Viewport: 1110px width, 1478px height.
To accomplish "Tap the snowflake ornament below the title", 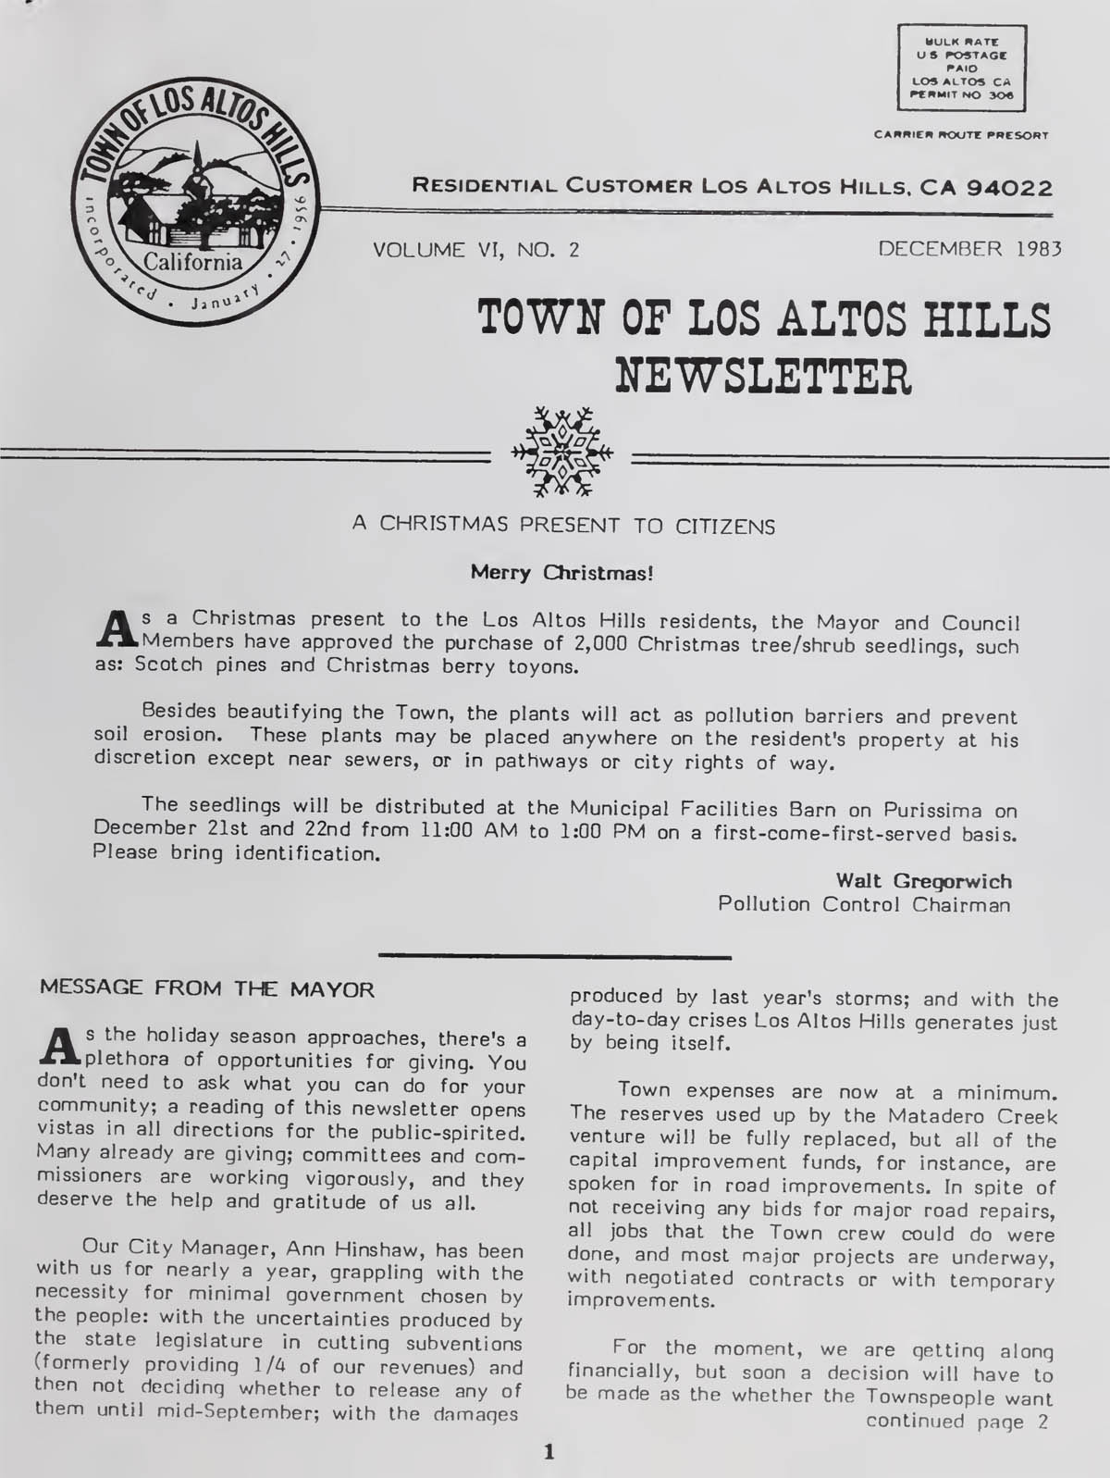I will (x=561, y=451).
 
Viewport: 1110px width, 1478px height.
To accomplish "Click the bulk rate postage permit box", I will (x=961, y=68).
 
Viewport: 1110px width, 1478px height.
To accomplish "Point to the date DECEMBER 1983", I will (x=969, y=249).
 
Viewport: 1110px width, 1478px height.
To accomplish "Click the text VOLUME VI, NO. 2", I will (x=475, y=249).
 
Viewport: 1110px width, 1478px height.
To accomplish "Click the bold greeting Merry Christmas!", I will (x=561, y=572).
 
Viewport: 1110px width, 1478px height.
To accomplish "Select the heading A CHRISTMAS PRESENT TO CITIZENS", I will (x=563, y=525).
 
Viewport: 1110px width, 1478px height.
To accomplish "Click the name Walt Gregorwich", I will (x=923, y=880).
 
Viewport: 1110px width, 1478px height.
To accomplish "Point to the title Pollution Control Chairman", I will (x=864, y=904).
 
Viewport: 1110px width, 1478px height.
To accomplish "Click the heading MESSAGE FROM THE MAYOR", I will (x=207, y=989).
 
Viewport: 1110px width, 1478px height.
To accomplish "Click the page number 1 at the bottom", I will (x=549, y=1452).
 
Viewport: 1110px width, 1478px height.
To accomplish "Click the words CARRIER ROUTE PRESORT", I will (x=960, y=135).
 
